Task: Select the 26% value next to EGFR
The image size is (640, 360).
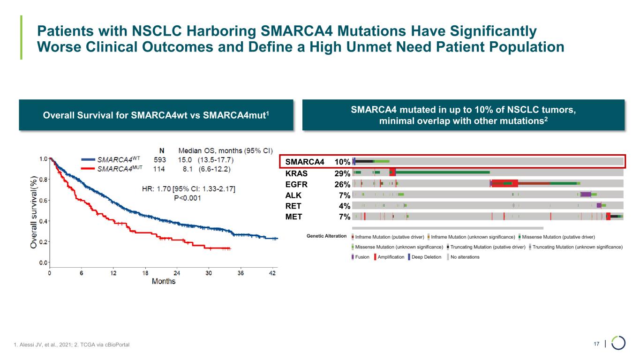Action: pyautogui.click(x=342, y=184)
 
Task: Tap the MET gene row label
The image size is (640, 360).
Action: pyautogui.click(x=294, y=217)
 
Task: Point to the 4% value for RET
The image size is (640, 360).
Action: pyautogui.click(x=345, y=206)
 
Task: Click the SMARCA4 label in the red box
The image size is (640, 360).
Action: pyautogui.click(x=305, y=162)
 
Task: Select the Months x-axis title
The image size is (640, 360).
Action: pyautogui.click(x=164, y=281)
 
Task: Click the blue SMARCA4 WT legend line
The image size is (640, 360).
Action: pyautogui.click(x=89, y=159)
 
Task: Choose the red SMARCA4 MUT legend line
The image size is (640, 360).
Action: pyautogui.click(x=89, y=168)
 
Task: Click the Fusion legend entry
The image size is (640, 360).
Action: pyautogui.click(x=361, y=257)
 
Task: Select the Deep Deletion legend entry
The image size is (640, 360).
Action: pyautogui.click(x=424, y=257)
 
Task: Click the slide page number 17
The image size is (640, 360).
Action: pyautogui.click(x=596, y=345)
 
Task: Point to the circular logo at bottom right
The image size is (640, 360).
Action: pyautogui.click(x=618, y=343)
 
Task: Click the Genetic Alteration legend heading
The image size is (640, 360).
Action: pyautogui.click(x=326, y=236)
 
